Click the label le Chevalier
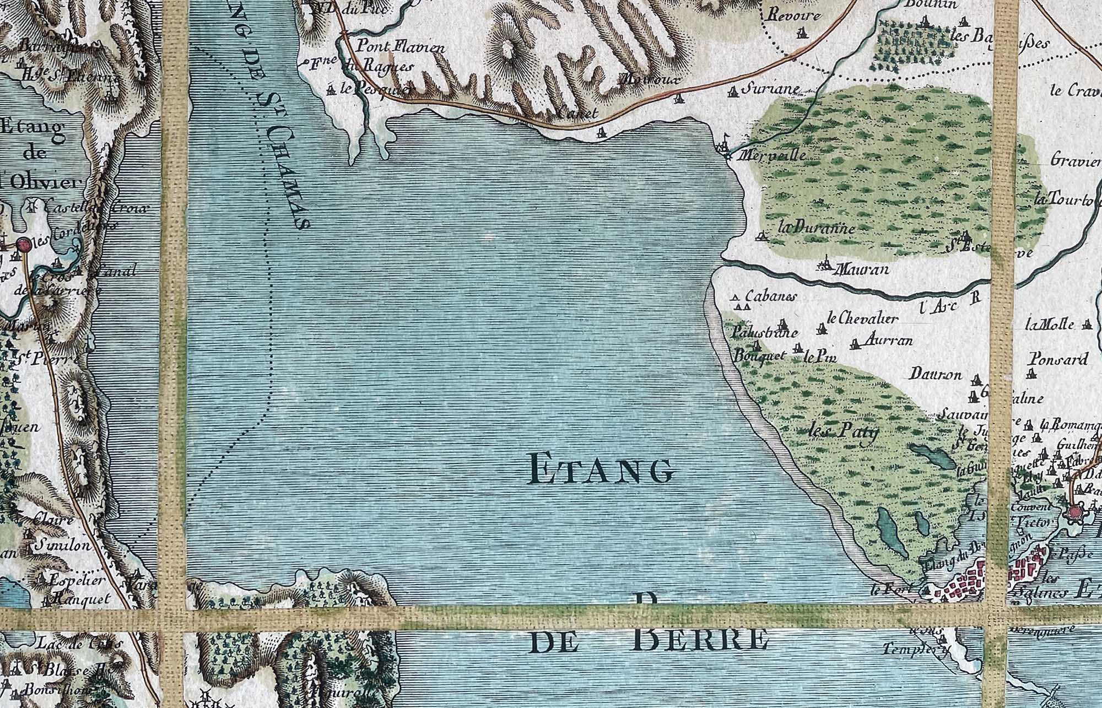click(863, 318)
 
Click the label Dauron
click(936, 375)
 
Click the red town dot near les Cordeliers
click(23, 244)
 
